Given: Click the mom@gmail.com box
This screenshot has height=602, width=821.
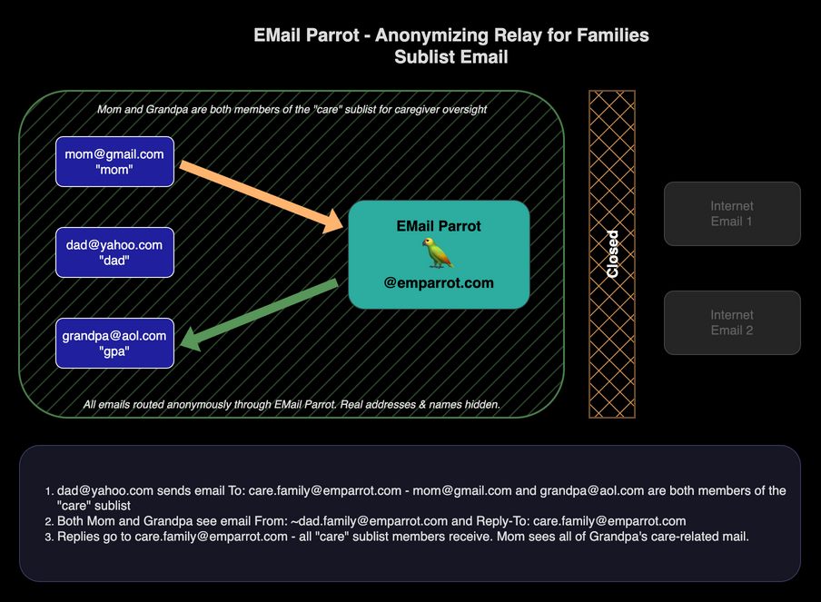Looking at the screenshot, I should [114, 162].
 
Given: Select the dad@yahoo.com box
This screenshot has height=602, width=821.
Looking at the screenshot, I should [114, 252].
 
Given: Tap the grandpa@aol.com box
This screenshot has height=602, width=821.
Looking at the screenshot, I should [114, 343].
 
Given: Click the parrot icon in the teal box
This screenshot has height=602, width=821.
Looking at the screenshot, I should [439, 253].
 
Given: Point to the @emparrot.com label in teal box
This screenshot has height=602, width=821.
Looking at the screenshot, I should [439, 282].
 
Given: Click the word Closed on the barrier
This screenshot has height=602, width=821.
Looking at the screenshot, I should [612, 254].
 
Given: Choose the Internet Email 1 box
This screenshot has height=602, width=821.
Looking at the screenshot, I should [732, 213].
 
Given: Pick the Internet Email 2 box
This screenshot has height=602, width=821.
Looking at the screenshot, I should [732, 322].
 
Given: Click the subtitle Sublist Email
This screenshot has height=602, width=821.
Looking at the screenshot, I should [450, 56].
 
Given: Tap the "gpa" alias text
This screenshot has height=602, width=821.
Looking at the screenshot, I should [114, 351].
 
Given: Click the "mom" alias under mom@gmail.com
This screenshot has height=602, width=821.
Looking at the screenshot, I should [114, 170].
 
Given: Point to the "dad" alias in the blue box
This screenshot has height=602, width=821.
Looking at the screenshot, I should [114, 261].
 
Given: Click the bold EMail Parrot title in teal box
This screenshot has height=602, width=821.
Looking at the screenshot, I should [439, 226].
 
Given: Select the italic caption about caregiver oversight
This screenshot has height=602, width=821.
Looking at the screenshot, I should [292, 110].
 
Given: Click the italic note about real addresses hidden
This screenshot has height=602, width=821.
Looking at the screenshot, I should [292, 404].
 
